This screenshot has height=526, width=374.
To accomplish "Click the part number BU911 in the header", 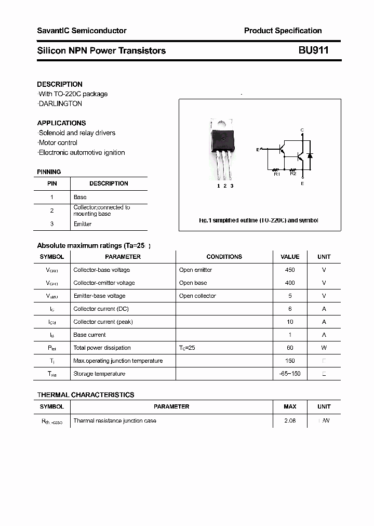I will [313, 50].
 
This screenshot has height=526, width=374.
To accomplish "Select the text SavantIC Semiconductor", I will [82, 31].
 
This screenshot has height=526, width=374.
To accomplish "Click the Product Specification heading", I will [283, 31].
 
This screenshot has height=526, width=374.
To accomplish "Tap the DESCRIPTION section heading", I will [60, 84].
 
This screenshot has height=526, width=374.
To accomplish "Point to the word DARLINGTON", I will [61, 103].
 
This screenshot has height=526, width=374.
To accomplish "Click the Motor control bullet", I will [58, 142].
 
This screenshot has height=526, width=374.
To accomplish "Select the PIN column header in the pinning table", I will [52, 183].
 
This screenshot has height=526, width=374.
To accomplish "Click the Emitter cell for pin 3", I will [82, 224].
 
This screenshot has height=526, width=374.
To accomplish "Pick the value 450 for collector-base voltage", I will [290, 270].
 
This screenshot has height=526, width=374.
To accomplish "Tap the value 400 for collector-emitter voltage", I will [290, 283].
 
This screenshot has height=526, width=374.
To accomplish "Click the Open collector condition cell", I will [197, 296].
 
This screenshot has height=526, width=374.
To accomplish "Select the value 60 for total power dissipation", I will [290, 348].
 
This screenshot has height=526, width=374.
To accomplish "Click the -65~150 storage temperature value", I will [290, 374].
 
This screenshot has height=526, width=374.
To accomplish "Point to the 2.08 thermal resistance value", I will [290, 420].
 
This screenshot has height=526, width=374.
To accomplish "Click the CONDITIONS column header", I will [224, 257].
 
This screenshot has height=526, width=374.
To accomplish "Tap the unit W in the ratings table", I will [324, 348].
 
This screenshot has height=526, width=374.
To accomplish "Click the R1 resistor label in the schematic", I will [277, 174].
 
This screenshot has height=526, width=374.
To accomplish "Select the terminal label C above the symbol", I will [302, 130].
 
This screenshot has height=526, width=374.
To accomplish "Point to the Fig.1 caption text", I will [259, 220].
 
